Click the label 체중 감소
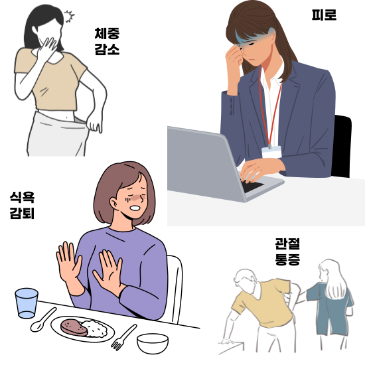click(107, 40)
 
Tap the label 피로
click(323, 14)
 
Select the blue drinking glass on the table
click(27, 303)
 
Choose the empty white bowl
click(152, 342)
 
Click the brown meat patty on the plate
click(72, 326)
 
